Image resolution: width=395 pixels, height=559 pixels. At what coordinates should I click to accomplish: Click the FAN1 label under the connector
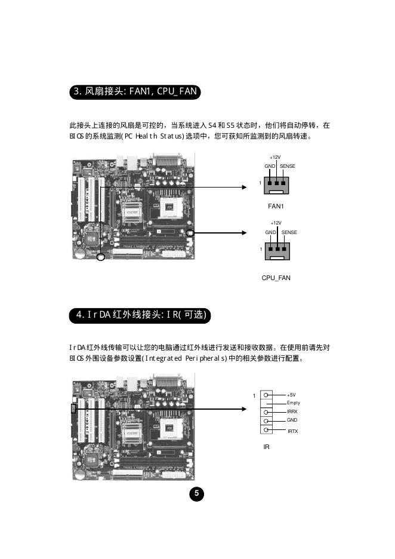(275, 207)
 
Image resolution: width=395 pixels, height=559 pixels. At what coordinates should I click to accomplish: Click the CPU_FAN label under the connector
(276, 278)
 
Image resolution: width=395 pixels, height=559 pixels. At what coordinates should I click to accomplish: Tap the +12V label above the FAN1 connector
(276, 157)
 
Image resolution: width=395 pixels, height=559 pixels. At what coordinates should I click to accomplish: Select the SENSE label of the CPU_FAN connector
(289, 232)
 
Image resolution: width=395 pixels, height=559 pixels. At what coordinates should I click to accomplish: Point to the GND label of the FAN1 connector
(269, 165)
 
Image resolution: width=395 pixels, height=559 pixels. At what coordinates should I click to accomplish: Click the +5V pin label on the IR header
(291, 395)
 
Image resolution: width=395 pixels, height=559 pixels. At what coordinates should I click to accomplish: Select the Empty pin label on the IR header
(294, 403)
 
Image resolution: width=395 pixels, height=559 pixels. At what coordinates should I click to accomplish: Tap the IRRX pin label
(292, 412)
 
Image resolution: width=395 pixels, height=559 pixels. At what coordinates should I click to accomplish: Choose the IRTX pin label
(292, 431)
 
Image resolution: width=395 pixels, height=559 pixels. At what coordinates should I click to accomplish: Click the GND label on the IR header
(292, 420)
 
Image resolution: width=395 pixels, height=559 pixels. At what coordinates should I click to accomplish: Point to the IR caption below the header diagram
(267, 446)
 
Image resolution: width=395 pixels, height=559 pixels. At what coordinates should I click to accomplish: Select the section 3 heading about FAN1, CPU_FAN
(134, 92)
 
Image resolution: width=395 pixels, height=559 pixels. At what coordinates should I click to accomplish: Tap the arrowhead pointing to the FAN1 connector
(243, 187)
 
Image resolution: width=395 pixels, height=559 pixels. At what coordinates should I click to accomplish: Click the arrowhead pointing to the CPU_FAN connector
(243, 233)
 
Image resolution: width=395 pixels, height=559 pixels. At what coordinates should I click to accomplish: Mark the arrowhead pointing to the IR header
(243, 409)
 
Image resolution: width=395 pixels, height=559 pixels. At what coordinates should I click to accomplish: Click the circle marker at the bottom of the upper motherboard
(101, 257)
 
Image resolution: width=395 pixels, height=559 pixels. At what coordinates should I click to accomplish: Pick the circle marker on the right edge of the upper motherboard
(190, 233)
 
